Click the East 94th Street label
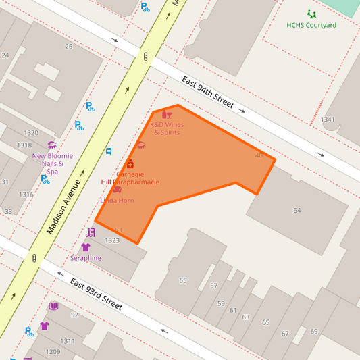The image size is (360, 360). (x=207, y=93)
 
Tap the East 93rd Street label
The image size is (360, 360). (x=96, y=294)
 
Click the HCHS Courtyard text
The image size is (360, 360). (x=311, y=25)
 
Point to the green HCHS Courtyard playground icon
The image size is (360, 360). (x=311, y=14)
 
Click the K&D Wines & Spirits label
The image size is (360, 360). (x=167, y=128)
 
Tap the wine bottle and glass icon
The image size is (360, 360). (x=167, y=115)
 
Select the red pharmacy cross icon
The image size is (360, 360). (x=130, y=164)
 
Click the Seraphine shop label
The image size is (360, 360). (x=86, y=258)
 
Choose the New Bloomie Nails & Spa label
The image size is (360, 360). (x=52, y=163)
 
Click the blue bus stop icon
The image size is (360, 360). (x=109, y=151)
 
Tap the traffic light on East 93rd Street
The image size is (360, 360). (x=34, y=258)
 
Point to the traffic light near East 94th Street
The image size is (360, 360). (x=145, y=57)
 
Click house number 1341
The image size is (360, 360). (x=328, y=120)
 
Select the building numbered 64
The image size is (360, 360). (x=297, y=211)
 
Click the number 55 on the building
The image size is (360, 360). (x=182, y=280)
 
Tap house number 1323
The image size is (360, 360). (x=112, y=240)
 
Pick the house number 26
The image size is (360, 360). (x=68, y=47)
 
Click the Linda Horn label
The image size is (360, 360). (x=118, y=201)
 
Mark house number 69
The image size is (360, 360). (x=314, y=331)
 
